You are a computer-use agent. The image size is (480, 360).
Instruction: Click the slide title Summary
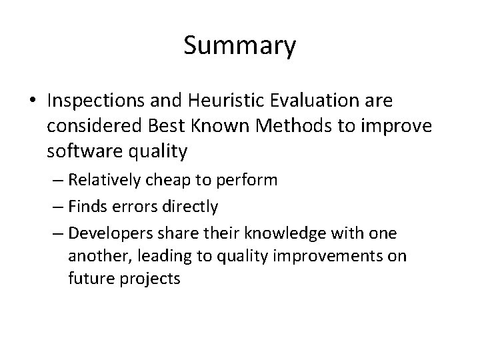(239, 46)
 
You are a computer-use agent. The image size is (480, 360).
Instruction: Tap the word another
(94, 256)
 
